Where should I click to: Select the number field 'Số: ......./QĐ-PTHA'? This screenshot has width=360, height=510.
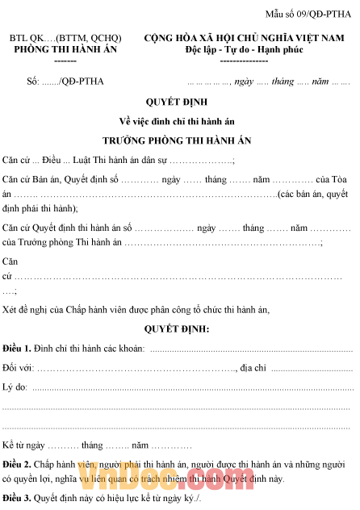pos(65,82)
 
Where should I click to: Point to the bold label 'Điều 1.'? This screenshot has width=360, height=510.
pos(17,348)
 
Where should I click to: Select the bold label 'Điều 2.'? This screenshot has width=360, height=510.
pos(17,464)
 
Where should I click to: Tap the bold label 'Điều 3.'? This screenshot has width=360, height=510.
pos(17,497)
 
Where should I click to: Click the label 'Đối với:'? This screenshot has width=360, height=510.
pos(18,368)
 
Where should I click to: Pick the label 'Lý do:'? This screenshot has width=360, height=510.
pos(15,387)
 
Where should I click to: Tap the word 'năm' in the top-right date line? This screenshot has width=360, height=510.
pos(320,82)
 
